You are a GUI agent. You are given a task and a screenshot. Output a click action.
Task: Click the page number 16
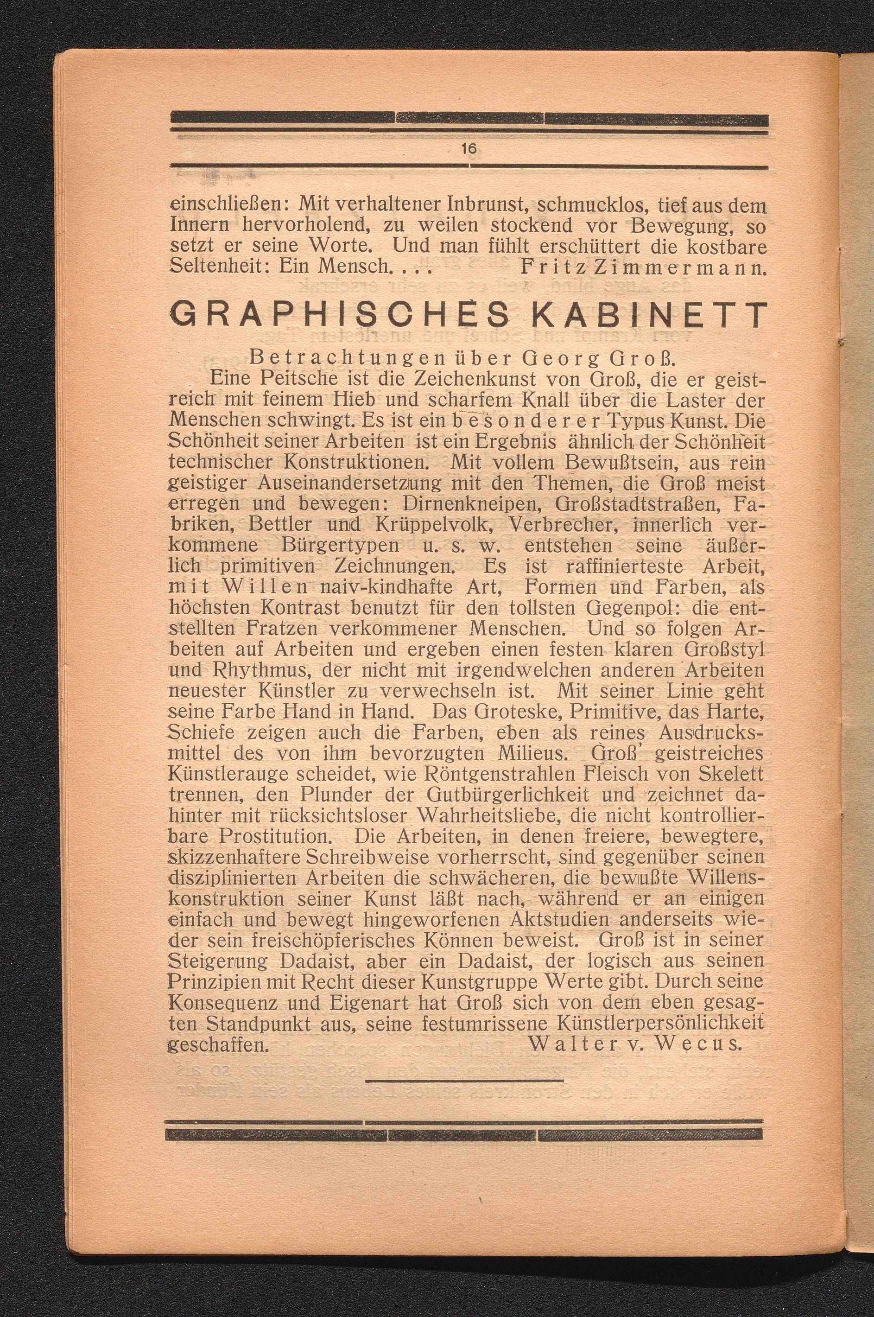pos(468,149)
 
